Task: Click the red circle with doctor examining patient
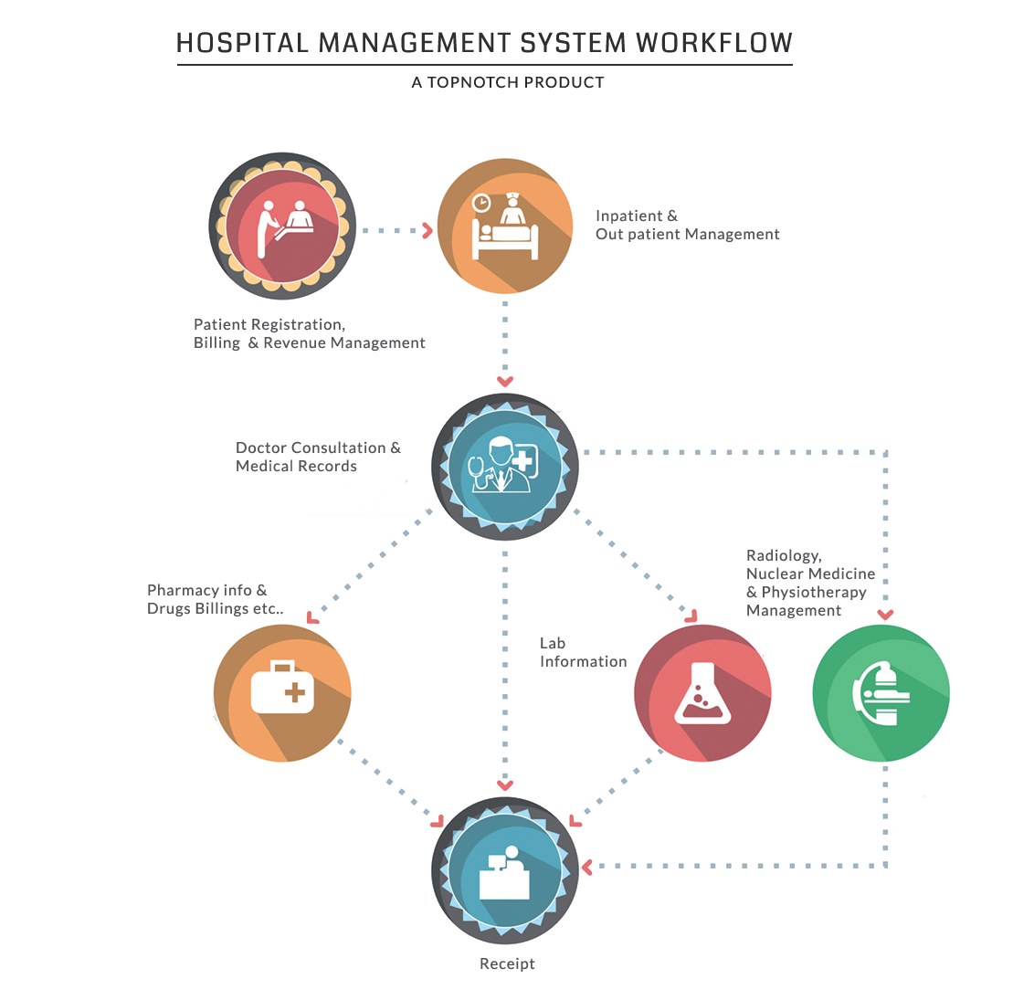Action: [282, 226]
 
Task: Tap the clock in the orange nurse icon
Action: [481, 203]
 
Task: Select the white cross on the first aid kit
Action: [294, 692]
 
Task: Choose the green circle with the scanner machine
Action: [881, 692]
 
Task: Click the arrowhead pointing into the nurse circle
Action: [427, 230]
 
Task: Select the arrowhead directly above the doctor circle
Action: [505, 381]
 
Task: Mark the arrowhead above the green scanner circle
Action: [884, 614]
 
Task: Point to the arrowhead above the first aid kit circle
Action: [312, 617]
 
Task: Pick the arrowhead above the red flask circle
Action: [691, 616]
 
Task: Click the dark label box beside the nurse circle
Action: [687, 226]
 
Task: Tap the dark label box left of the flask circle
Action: [583, 652]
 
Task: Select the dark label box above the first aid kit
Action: [216, 600]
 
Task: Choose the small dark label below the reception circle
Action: [507, 964]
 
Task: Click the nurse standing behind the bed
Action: [513, 212]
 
